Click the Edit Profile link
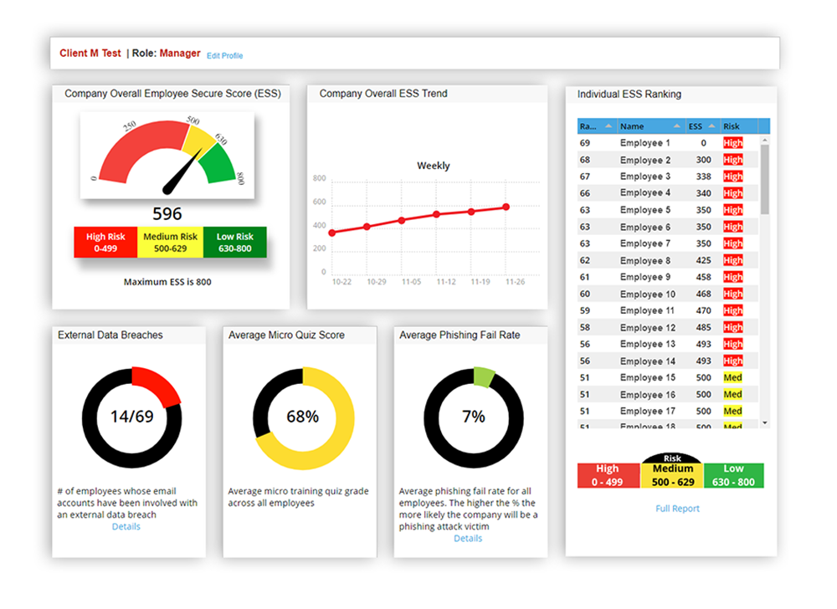click(225, 56)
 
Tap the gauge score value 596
click(167, 213)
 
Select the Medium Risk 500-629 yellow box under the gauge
click(171, 242)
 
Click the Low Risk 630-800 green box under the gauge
click(234, 242)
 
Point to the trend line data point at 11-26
click(506, 207)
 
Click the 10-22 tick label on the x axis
click(341, 283)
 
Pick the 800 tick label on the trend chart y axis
click(319, 179)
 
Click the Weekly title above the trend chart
click(433, 166)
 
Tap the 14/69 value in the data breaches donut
click(132, 416)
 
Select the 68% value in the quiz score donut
click(302, 416)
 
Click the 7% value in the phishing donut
click(473, 416)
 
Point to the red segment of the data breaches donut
click(159, 386)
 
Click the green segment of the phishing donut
click(484, 376)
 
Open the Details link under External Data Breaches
click(126, 527)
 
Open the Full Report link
click(677, 509)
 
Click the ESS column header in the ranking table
click(696, 126)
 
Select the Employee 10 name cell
click(647, 294)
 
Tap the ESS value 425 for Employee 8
click(703, 260)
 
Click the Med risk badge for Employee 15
click(732, 377)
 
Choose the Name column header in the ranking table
click(633, 126)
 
